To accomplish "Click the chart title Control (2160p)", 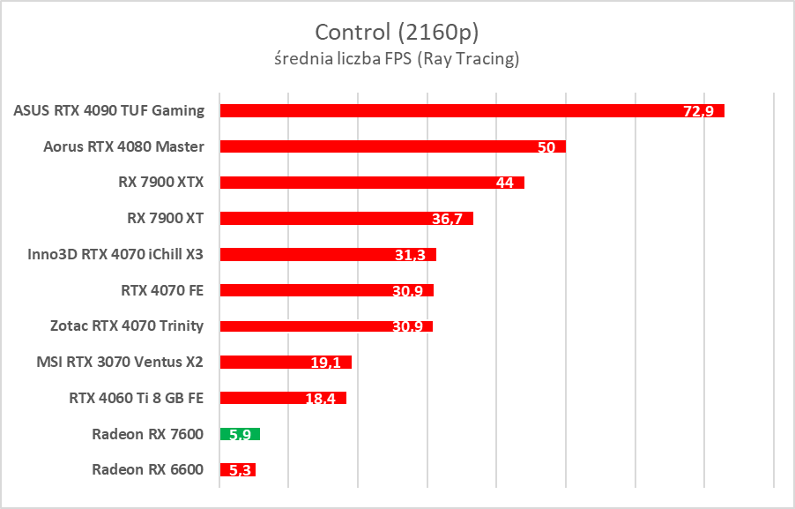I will pyautogui.click(x=397, y=33).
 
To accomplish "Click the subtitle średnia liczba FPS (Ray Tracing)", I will pyautogui.click(x=397, y=60).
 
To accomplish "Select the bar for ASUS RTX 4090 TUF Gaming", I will pyautogui.click(x=472, y=111).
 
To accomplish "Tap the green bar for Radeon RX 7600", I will pyautogui.click(x=240, y=434).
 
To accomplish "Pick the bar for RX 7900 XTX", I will pyautogui.click(x=372, y=183).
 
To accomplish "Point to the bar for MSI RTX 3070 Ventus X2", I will pyautogui.click(x=286, y=362).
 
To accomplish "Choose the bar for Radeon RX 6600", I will pyautogui.click(x=237, y=469).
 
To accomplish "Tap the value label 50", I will pyautogui.click(x=546, y=147).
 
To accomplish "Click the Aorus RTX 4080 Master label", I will pyautogui.click(x=123, y=146).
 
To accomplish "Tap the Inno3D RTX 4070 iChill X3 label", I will pyautogui.click(x=115, y=254).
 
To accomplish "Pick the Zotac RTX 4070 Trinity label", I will pyautogui.click(x=127, y=326).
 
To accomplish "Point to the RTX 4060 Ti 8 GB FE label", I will pyautogui.click(x=136, y=398).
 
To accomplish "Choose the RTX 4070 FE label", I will pyautogui.click(x=162, y=289).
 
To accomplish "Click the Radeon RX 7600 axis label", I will pyautogui.click(x=147, y=433).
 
